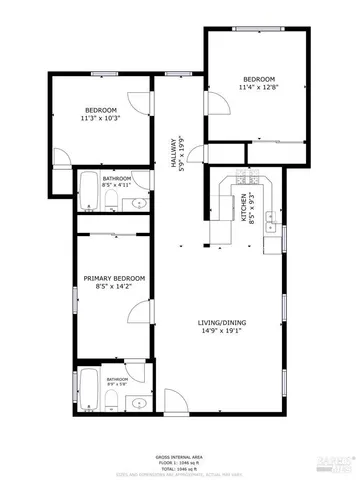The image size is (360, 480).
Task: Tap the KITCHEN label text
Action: click(x=242, y=208)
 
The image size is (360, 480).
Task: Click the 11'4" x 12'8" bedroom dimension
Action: click(x=257, y=88)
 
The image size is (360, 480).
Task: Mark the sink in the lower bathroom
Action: click(x=137, y=403)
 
